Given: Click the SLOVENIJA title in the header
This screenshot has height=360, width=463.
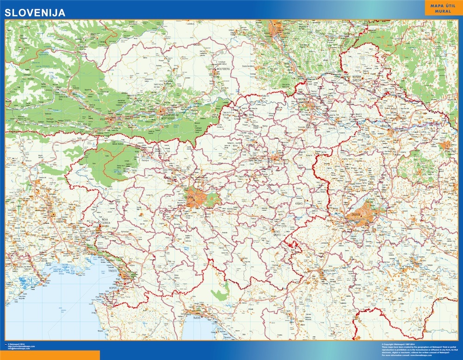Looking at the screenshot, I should click(35, 13).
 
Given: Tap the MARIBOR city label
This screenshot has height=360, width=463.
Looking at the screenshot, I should click(304, 99).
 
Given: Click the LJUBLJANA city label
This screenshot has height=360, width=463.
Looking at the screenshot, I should click(191, 198).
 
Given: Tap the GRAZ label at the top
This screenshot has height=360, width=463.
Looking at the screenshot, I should click(278, 22).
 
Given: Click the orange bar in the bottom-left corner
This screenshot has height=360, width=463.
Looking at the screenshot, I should click(50, 355).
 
